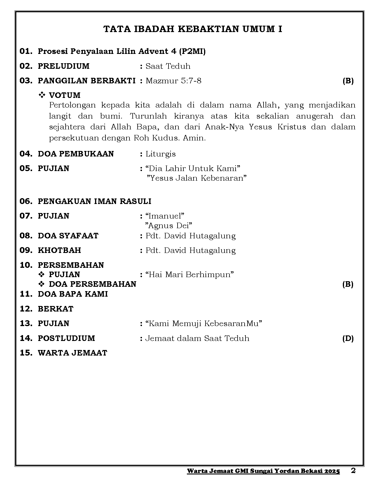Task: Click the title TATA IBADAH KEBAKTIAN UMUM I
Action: pos(193,29)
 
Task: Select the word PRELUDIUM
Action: pos(64,66)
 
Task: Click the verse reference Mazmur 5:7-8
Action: pos(173,81)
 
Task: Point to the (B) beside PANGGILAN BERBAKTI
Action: pos(348,81)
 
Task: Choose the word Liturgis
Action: pos(161,154)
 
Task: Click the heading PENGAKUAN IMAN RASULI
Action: pos(94,201)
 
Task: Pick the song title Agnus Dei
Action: pos(169,226)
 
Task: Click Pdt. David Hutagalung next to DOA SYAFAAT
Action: pos(190,236)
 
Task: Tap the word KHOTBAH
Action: pos(59,250)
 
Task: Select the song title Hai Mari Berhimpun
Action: pos(190,275)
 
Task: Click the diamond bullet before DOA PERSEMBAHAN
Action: pos(42,284)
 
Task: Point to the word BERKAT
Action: pos(56,309)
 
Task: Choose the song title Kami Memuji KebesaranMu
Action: pos(204,323)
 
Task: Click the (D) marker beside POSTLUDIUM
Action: pos(348,338)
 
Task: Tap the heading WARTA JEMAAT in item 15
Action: pos(73,353)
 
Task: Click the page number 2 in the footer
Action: pos(353,471)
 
